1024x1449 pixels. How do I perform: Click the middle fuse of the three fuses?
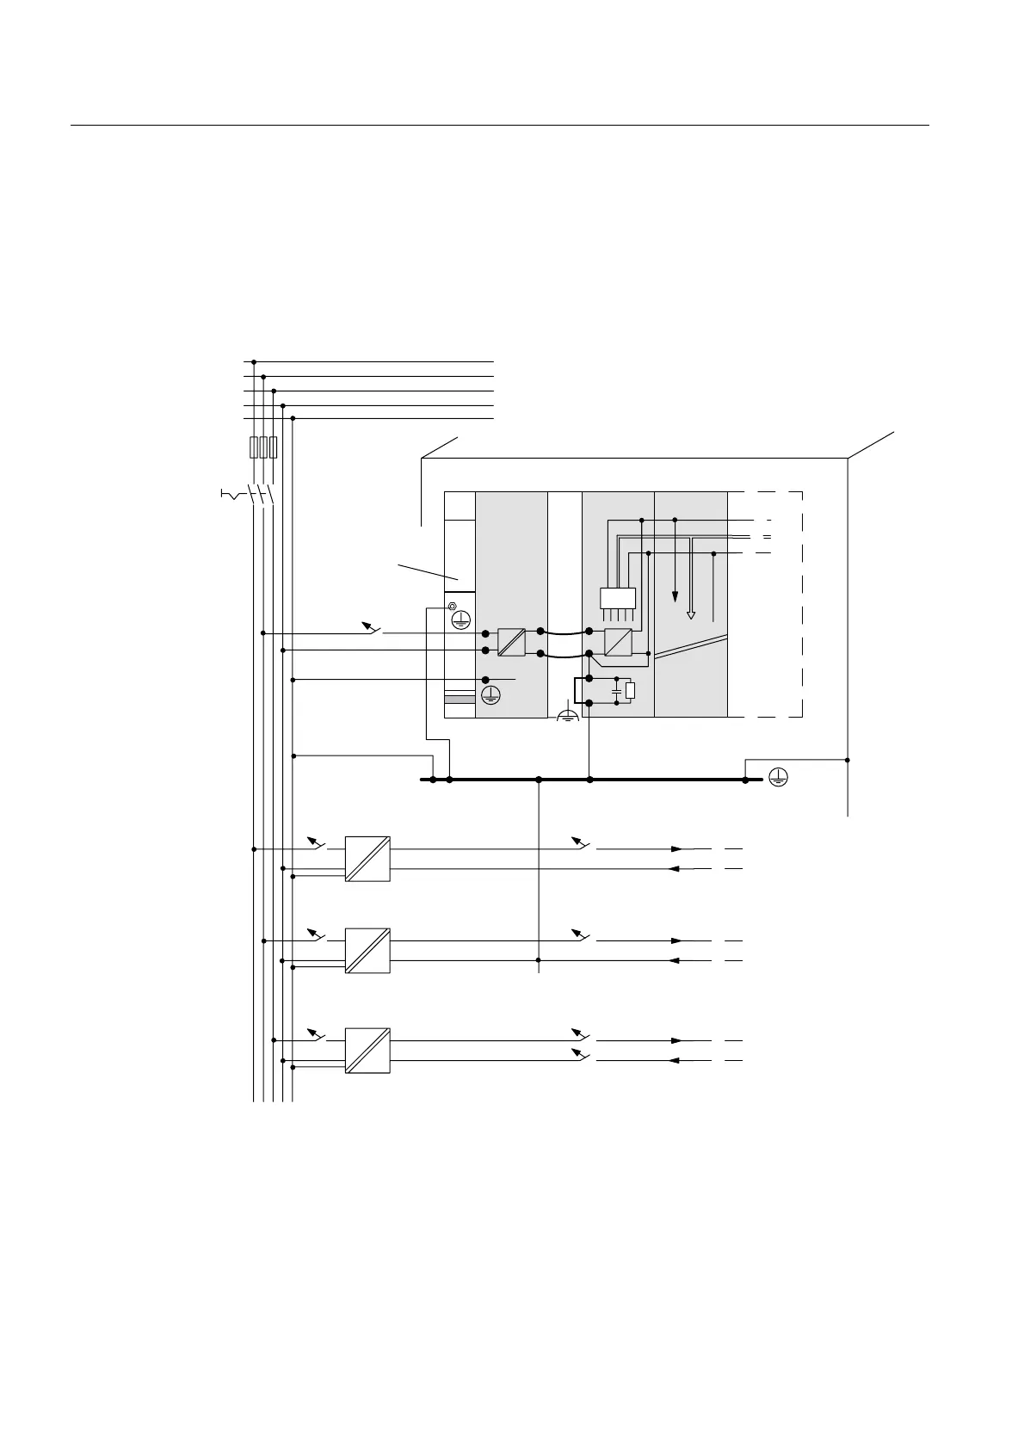[x=263, y=447]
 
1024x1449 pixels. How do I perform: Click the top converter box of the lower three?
[x=367, y=858]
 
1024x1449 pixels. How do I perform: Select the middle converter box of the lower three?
[x=367, y=951]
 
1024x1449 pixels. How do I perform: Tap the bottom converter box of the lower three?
[x=367, y=1050]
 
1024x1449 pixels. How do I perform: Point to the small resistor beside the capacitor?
[x=630, y=690]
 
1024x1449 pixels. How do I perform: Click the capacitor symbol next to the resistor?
[x=617, y=690]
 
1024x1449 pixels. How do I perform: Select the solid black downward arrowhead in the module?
[x=675, y=595]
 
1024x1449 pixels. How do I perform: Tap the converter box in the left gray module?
[x=511, y=642]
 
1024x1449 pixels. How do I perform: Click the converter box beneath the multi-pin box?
[x=618, y=642]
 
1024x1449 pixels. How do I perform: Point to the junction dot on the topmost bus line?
[x=253, y=362]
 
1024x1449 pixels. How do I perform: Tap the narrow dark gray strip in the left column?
[x=460, y=700]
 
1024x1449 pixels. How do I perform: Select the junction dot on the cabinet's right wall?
[x=848, y=760]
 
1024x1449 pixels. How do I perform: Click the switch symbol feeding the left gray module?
[x=372, y=628]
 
